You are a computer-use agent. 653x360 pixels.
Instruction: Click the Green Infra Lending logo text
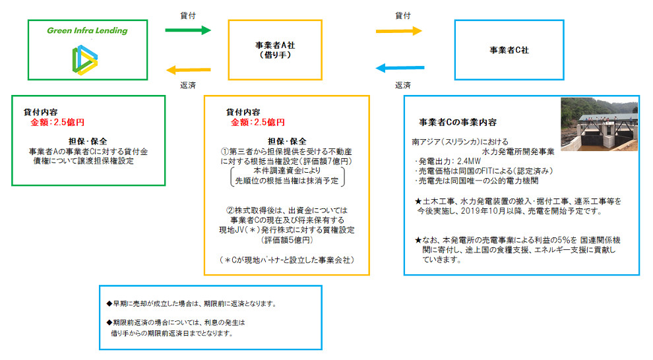(x=87, y=30)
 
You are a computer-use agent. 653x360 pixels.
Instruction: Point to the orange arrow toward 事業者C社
(x=399, y=30)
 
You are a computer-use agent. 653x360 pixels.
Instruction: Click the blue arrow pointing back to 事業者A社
(x=399, y=67)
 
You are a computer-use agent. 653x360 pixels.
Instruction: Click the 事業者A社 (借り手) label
(x=275, y=50)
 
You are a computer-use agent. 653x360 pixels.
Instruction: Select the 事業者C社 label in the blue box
(x=509, y=49)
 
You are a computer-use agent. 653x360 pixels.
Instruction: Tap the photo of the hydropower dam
(x=599, y=124)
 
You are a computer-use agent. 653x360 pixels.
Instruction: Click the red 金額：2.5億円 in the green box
(x=57, y=122)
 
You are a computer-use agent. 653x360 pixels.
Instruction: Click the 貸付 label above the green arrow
(x=187, y=14)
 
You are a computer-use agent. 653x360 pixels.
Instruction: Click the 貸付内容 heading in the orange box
(x=243, y=112)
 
